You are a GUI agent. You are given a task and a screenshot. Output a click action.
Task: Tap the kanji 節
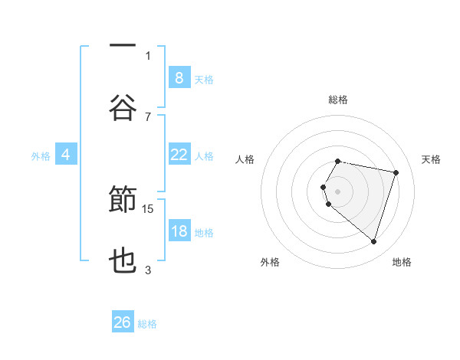[x=123, y=200]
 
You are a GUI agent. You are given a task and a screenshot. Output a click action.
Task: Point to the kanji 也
[x=123, y=260]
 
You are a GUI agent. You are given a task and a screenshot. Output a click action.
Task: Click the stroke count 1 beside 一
[x=148, y=55]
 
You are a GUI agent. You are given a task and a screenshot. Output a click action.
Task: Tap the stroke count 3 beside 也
[x=148, y=270]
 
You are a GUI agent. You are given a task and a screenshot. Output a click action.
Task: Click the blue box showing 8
[x=179, y=77]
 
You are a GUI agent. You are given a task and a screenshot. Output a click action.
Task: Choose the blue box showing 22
[x=179, y=155]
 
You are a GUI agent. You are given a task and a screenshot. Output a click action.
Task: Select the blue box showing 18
[x=179, y=231]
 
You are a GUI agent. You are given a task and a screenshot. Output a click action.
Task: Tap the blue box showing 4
[x=66, y=155]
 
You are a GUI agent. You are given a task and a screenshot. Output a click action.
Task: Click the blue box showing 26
[x=123, y=322]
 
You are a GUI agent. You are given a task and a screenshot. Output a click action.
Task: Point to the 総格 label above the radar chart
[x=338, y=100]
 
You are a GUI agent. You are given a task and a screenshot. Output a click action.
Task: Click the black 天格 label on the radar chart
[x=431, y=159]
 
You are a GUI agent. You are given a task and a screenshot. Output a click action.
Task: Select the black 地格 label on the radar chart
[x=402, y=263]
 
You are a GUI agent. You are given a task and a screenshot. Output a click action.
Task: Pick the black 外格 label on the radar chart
[x=269, y=263]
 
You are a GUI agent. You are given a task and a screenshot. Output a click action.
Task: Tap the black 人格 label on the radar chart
[x=245, y=159]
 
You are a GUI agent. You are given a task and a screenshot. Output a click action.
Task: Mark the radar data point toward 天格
[x=396, y=172]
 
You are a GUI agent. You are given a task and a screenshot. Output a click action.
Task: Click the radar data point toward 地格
[x=373, y=241]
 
